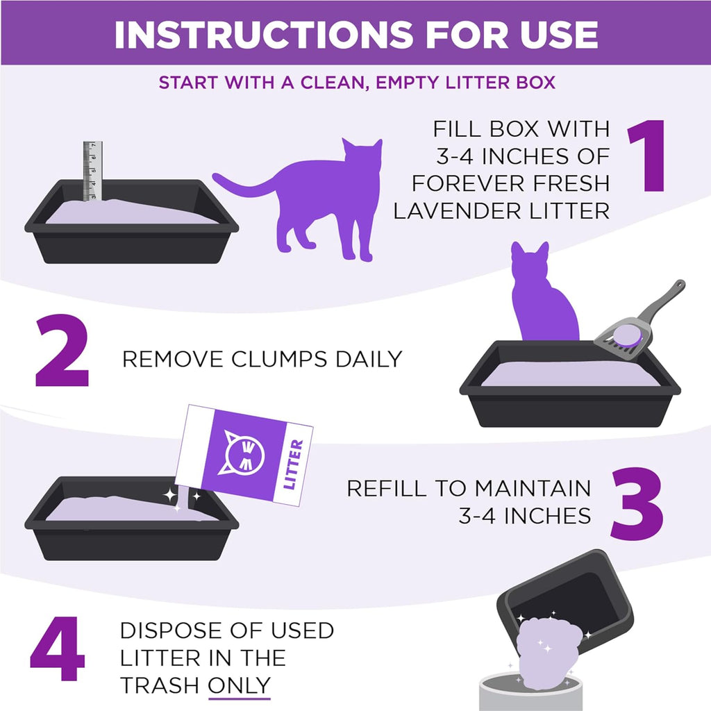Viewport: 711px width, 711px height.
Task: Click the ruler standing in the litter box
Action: click(x=92, y=171)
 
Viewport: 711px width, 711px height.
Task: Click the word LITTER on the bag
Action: click(x=294, y=465)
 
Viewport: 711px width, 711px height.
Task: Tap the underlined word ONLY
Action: click(x=239, y=685)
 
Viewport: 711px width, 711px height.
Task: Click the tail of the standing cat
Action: click(x=243, y=186)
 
